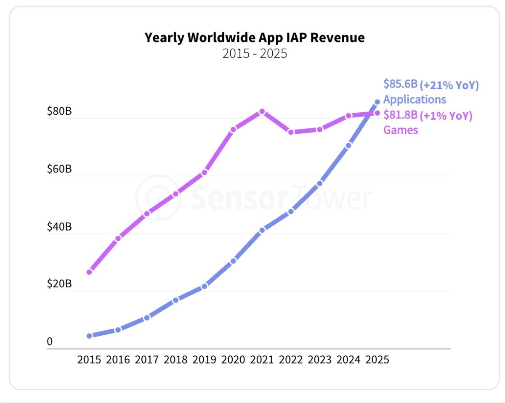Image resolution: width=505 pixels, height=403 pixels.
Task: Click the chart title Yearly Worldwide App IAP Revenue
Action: [255, 38]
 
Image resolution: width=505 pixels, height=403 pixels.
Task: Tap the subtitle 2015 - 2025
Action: [255, 54]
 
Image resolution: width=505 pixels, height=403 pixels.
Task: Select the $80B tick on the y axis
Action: [59, 112]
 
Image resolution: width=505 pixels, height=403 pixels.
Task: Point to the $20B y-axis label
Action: [59, 284]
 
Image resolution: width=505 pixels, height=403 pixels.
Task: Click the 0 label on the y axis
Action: [50, 342]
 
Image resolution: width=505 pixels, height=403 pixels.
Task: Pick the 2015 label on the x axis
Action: [89, 360]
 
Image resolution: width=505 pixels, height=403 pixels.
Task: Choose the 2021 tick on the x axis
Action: [262, 360]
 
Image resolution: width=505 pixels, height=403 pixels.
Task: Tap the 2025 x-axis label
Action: [377, 360]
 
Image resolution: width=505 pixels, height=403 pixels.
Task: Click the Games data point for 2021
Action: [262, 111]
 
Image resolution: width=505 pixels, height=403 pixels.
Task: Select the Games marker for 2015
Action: [89, 272]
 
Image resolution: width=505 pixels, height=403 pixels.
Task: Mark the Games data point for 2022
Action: [291, 132]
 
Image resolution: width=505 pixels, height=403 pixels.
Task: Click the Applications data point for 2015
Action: [89, 336]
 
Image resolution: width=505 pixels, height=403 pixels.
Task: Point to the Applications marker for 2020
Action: [233, 261]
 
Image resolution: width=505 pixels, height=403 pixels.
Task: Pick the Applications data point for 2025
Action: [377, 102]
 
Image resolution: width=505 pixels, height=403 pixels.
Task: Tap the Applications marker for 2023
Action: [320, 183]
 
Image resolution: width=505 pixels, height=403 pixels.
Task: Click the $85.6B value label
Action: [400, 85]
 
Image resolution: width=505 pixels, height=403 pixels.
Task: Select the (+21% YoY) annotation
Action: [449, 85]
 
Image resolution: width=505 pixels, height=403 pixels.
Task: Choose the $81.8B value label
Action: [400, 115]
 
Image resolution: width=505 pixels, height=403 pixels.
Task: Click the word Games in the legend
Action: [401, 130]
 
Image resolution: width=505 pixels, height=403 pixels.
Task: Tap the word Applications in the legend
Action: [415, 100]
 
